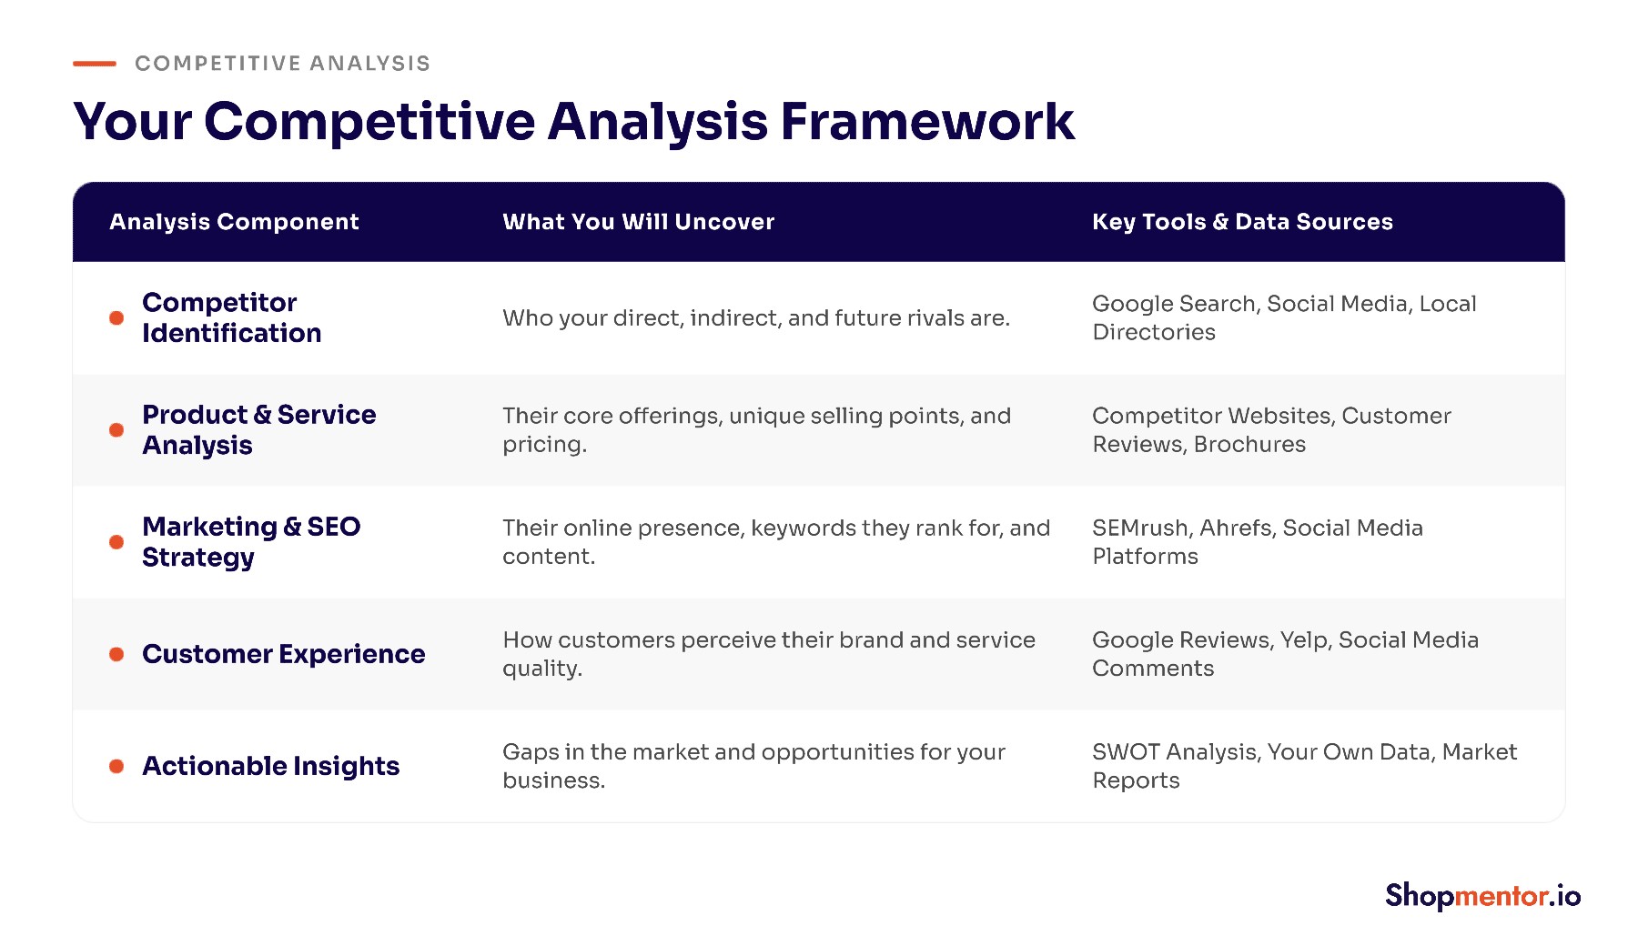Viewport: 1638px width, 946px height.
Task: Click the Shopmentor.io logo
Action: coord(1482,896)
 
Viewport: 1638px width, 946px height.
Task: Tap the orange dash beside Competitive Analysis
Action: coord(95,64)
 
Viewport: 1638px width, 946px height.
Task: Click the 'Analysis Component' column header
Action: coord(234,222)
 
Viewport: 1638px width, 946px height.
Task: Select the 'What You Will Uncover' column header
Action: coord(638,222)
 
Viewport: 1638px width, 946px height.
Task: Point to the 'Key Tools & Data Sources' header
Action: coord(1242,222)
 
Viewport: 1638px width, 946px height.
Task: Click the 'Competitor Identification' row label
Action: coord(232,317)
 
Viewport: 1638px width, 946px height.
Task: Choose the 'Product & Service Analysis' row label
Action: coord(259,429)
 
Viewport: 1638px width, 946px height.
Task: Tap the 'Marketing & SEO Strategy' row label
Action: coord(251,542)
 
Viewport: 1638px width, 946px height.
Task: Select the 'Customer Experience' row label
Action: coord(284,654)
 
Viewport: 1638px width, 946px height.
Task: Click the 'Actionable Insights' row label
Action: coord(271,766)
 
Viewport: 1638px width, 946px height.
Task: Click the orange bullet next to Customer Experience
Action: coord(116,654)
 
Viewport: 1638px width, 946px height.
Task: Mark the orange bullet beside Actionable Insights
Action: coord(116,766)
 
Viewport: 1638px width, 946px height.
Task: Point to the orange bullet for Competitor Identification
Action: coord(116,317)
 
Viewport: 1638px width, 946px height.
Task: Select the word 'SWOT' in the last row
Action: coord(1127,752)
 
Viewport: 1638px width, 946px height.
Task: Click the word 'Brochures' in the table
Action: coord(1249,444)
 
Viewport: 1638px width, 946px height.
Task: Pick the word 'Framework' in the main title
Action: coord(927,121)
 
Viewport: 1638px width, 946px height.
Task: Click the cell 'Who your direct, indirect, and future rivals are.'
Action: coord(756,317)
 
